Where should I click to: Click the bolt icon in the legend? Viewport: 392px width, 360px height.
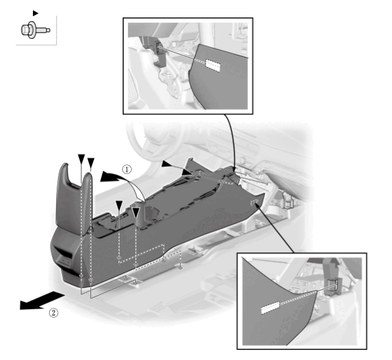click(x=35, y=30)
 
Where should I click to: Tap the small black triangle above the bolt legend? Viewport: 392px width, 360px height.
click(x=35, y=13)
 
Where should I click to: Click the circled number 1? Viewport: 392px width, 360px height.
click(x=127, y=169)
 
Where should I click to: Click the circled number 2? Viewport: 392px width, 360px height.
click(x=53, y=313)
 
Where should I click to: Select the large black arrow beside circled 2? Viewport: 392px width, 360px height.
click(x=41, y=301)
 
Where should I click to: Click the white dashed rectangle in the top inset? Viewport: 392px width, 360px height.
click(x=212, y=65)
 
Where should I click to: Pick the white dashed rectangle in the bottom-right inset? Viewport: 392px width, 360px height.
click(x=270, y=307)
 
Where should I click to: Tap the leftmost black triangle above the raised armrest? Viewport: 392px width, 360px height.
click(x=81, y=159)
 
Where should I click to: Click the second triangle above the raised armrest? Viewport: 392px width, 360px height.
click(x=91, y=163)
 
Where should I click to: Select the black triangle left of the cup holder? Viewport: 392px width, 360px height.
click(x=119, y=206)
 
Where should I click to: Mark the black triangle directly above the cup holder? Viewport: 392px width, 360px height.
click(x=136, y=213)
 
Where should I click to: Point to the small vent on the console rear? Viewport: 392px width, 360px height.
click(x=65, y=261)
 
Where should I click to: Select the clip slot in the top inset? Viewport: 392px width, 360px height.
click(x=159, y=47)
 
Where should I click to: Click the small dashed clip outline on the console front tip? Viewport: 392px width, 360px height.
click(x=255, y=202)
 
